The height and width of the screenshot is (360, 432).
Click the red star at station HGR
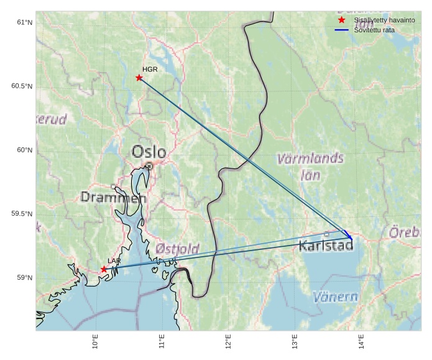pos(139,78)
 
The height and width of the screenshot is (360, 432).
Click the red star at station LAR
pos(104,269)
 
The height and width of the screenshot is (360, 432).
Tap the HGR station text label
pos(150,70)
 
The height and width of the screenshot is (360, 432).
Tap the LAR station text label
pos(114,261)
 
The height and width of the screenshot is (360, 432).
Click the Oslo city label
pos(149,152)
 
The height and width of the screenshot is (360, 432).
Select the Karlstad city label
pos(326,246)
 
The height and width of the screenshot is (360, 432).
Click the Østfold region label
pos(177,249)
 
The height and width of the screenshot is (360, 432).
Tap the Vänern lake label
pos(336,297)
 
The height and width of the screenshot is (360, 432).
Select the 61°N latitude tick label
pos(24,22)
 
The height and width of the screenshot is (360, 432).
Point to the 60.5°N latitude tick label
pos(22,86)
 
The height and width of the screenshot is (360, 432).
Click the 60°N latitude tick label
pos(24,150)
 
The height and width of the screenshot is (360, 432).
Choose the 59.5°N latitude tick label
pos(22,214)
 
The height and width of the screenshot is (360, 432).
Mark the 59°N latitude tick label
pos(24,278)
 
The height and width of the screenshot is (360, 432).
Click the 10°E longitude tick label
pos(95,343)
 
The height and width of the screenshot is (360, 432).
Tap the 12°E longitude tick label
pos(228,343)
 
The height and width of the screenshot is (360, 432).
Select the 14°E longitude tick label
pos(361,343)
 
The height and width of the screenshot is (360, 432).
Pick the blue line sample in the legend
pos(341,30)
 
